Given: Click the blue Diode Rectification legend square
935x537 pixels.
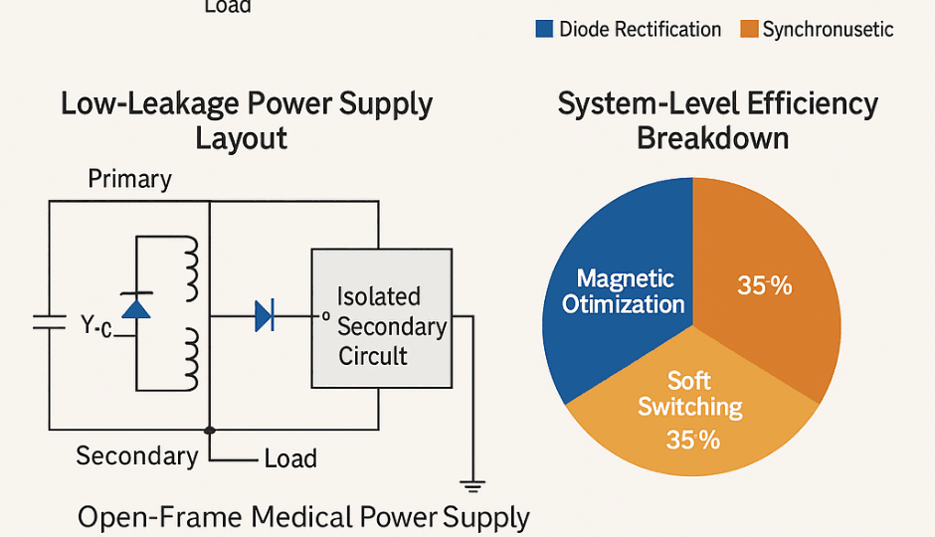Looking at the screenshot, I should coord(543,29).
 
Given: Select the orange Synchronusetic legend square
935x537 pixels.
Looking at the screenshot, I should coord(748,29).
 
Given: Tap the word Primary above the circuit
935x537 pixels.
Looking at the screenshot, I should coord(129,179).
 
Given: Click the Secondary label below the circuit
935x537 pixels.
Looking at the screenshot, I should coord(137,455).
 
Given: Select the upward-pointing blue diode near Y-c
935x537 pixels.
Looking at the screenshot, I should coord(135,305).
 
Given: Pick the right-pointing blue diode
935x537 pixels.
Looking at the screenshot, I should coord(264,316).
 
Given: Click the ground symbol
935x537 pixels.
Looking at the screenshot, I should coord(472,485).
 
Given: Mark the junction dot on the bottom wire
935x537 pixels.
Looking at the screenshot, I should coord(209,431).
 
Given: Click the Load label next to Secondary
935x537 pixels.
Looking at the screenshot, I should coord(290,458).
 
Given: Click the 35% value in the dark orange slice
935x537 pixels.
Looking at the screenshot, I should coord(764,286).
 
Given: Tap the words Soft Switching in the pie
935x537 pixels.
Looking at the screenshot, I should coord(689,394).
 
